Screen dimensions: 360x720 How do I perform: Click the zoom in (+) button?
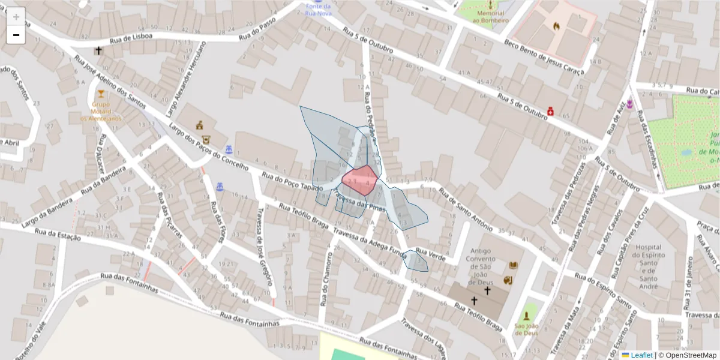[16, 16]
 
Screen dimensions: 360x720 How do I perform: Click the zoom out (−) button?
[16, 35]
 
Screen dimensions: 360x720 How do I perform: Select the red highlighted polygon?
[359, 179]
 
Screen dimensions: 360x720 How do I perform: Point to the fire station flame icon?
[556, 26]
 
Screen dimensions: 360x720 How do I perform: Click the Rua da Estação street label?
[57, 234]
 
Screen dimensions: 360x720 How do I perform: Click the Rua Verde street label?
[431, 254]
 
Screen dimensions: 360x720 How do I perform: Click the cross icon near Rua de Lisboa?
[98, 51]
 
